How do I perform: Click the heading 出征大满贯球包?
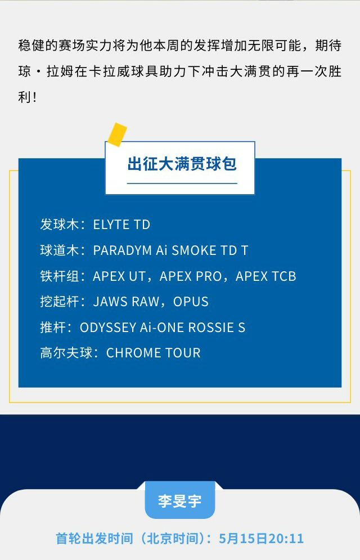[x=182, y=164]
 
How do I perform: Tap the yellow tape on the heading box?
[x=118, y=135]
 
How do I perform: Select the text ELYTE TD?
[x=121, y=225]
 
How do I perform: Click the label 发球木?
[x=59, y=225]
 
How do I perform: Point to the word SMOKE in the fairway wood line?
[x=193, y=250]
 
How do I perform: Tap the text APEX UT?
[x=119, y=276]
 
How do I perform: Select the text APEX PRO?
[x=191, y=276]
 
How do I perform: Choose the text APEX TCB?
[x=266, y=276]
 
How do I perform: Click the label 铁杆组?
[x=59, y=276]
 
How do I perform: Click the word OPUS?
[x=191, y=302]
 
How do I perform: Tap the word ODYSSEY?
[x=108, y=328]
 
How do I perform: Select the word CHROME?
[x=132, y=353]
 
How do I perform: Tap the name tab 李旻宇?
[x=180, y=501]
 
